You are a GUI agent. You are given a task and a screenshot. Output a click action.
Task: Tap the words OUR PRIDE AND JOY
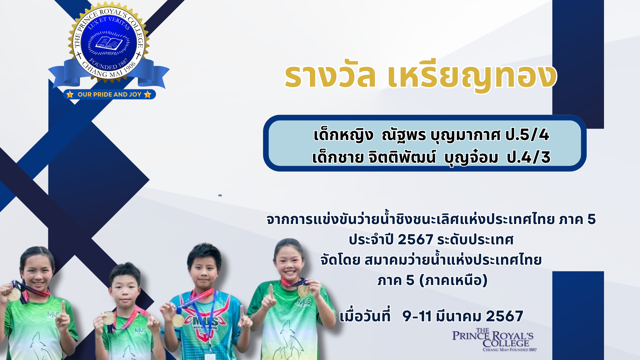click(109, 94)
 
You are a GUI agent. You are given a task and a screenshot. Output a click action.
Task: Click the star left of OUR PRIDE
click(70, 94)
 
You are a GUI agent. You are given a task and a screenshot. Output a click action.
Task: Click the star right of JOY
click(148, 94)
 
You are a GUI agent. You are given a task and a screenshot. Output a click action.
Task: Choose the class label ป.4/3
click(529, 157)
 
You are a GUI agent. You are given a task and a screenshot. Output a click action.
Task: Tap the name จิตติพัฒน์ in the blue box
click(402, 157)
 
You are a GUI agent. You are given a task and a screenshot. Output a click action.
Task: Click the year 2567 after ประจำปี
click(415, 240)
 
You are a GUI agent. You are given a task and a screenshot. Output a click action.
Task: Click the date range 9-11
click(417, 316)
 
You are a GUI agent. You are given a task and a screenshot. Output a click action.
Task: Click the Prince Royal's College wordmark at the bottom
click(493, 340)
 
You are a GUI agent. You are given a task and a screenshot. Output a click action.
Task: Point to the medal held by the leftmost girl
click(14, 295)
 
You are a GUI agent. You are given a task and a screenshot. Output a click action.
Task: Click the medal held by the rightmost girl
click(303, 291)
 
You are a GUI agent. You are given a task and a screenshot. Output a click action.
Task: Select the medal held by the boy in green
click(108, 318)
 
